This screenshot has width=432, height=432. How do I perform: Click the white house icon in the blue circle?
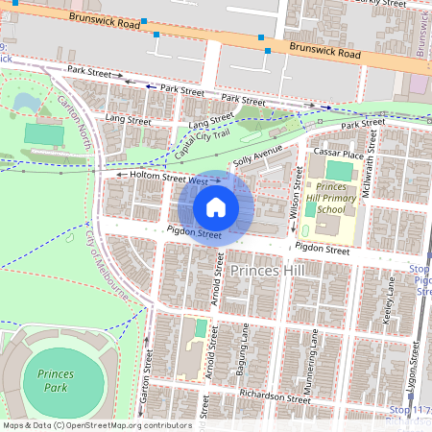point(215,207)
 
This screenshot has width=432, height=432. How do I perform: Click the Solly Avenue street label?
point(256,156)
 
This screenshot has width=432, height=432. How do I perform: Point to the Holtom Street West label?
point(162,178)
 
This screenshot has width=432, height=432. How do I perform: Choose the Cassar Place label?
point(340,154)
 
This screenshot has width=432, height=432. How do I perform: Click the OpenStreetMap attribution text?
point(97,425)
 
